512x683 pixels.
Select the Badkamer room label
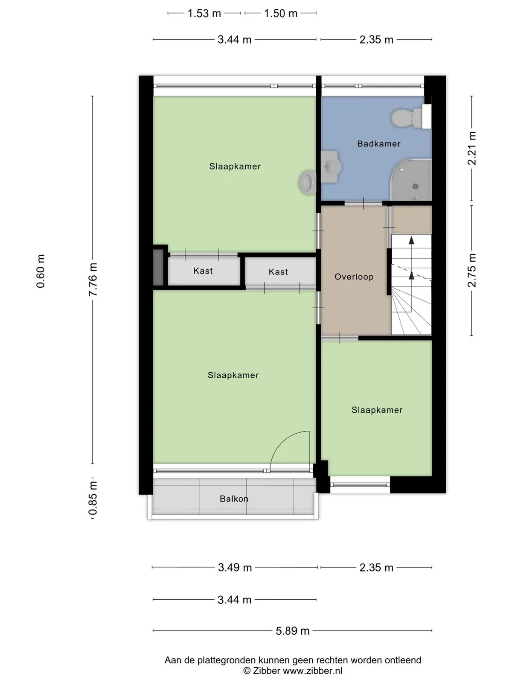point(378,144)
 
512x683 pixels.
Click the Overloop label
point(354,277)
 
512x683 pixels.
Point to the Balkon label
point(234,499)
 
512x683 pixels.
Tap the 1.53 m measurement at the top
point(204,13)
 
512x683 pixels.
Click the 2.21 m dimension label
point(472,148)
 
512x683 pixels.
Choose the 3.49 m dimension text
point(235,568)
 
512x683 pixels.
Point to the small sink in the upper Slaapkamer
point(308,183)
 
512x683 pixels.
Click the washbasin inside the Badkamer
point(331,167)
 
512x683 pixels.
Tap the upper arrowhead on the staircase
point(411,240)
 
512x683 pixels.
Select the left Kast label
point(203,271)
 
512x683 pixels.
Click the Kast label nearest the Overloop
point(278,271)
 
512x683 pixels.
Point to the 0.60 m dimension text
point(41,271)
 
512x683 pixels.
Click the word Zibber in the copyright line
point(266,671)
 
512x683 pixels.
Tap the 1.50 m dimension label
point(280,13)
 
